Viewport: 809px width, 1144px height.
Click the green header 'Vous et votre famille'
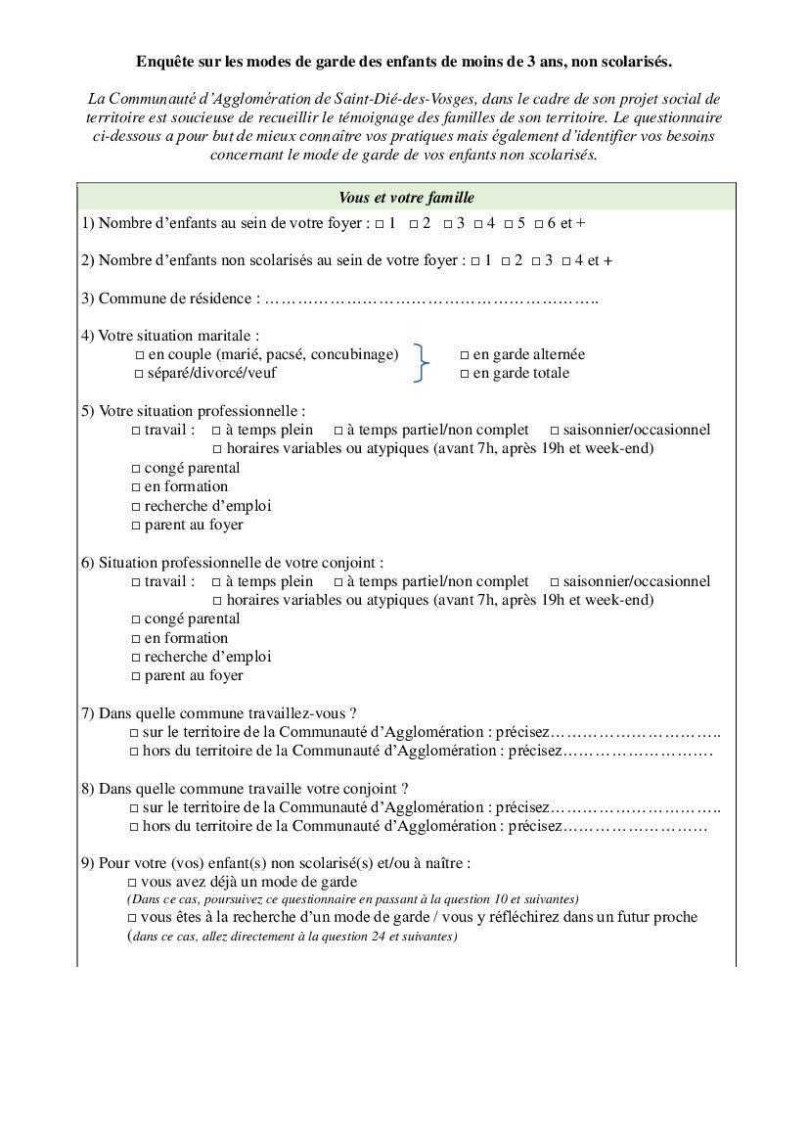[406, 198]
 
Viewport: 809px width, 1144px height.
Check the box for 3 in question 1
[447, 224]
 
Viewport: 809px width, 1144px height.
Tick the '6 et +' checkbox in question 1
[538, 224]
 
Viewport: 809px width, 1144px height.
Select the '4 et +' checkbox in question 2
[566, 261]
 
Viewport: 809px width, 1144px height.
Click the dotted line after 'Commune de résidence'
[430, 299]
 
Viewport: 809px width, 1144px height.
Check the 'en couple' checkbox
[140, 355]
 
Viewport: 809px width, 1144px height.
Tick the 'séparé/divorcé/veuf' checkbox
[140, 374]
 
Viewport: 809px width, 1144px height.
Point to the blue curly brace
[422, 363]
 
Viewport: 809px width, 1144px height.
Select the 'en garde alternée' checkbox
[465, 355]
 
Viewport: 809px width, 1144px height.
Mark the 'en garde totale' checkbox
[465, 374]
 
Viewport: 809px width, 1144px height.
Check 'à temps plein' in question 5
[216, 431]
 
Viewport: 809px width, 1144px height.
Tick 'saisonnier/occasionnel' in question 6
[555, 582]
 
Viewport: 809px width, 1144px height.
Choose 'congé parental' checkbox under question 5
[136, 469]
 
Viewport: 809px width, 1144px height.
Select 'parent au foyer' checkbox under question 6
[136, 676]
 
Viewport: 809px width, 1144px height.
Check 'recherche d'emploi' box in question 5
[136, 507]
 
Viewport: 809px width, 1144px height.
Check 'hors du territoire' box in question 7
[134, 752]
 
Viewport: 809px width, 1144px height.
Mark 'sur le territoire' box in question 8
[134, 808]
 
